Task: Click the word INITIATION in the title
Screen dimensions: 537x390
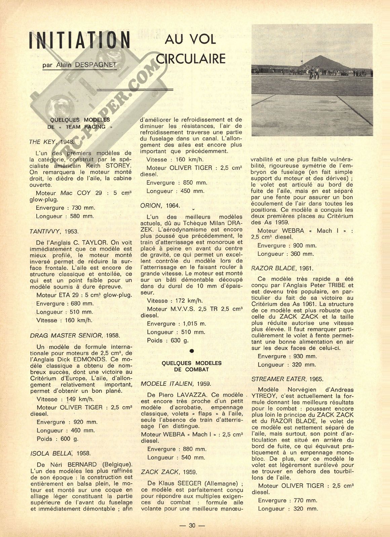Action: (80, 41)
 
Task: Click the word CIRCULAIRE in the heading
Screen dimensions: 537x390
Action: (191, 59)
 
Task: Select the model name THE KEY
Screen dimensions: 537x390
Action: (42, 142)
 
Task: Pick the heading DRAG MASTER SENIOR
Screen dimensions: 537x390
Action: (66, 336)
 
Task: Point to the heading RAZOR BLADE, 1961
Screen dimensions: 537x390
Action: (282, 268)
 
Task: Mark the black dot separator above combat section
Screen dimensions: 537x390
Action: (192, 351)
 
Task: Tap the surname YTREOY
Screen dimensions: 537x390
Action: (264, 396)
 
